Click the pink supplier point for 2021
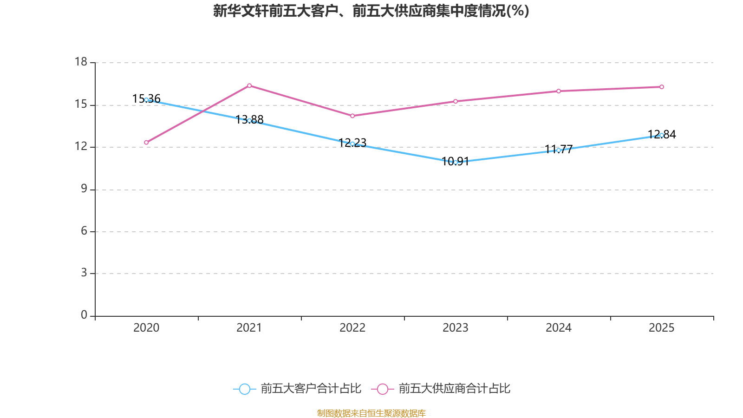pos(249,85)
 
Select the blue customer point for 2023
pos(456,162)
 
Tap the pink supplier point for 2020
pos(146,143)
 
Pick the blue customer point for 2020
pos(146,100)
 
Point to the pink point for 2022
pos(352,116)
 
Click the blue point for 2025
pos(662,135)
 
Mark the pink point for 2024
pos(559,91)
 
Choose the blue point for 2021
pos(249,120)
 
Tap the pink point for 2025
pos(662,87)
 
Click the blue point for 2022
pos(352,144)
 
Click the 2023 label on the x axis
pos(456,328)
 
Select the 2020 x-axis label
pos(146,328)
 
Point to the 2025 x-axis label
pos(662,328)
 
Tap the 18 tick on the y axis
pos(81,62)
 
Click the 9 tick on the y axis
pos(84,189)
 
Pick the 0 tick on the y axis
pos(84,315)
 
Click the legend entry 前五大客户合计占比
pos(297,389)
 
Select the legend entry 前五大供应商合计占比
pos(441,389)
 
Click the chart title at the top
pos(371,11)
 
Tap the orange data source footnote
pos(371,413)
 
